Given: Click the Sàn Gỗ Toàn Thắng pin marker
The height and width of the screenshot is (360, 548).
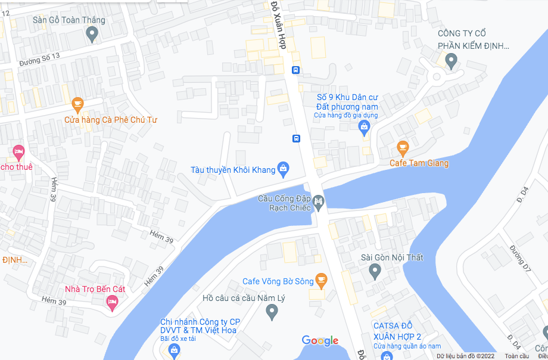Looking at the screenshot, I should coord(92,35).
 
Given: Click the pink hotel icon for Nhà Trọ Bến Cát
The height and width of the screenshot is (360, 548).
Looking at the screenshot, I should coord(111,303).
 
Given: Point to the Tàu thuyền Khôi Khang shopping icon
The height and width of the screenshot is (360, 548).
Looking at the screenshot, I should coord(284,170).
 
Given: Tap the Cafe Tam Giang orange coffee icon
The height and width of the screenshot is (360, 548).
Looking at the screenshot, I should coord(403,147).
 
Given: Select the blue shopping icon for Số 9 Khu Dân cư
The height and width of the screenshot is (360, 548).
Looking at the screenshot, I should coord(364,126).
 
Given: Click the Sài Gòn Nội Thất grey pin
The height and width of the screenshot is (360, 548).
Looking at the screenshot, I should coord(375,272).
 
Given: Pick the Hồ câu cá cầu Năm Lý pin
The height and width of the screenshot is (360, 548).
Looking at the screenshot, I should coord(272,311).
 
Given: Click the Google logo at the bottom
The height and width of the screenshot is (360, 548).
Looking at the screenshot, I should coord(320,341).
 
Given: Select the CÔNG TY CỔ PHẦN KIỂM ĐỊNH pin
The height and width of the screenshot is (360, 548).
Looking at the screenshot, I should coord(451,60).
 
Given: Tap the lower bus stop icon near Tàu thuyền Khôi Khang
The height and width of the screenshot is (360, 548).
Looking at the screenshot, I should coord(296,139).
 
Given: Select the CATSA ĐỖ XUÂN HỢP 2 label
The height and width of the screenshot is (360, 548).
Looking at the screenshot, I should coord(401,331).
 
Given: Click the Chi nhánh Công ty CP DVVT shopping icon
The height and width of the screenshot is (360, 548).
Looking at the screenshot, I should coord(173,350).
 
